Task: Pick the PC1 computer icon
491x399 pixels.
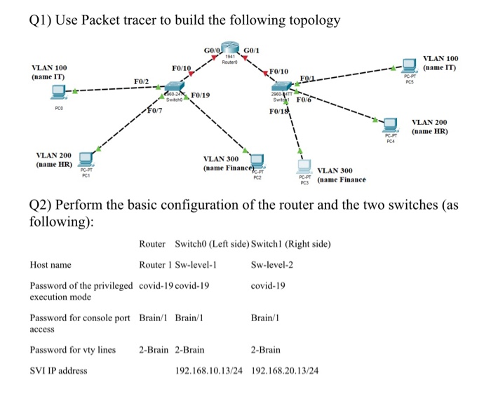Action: point(86,159)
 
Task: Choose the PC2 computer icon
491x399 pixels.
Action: point(257,163)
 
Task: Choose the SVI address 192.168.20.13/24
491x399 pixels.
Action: point(284,370)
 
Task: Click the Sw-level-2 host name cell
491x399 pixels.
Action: point(271,265)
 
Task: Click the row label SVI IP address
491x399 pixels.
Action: point(58,370)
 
